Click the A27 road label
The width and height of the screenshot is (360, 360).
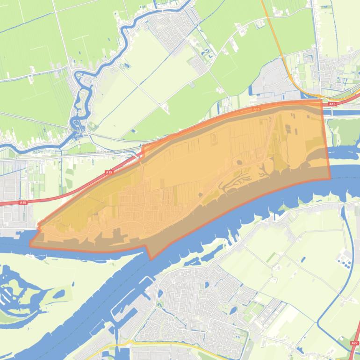(x=353, y=343)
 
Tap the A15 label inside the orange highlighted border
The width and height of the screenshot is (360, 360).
(x=256, y=109)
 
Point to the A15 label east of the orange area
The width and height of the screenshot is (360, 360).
(x=332, y=104)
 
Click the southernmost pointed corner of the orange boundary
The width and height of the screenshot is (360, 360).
(x=151, y=259)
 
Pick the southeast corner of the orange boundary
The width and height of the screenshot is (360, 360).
(x=330, y=179)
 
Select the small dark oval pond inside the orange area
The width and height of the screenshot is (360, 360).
(x=240, y=163)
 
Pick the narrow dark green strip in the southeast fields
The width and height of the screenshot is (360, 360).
(x=272, y=257)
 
